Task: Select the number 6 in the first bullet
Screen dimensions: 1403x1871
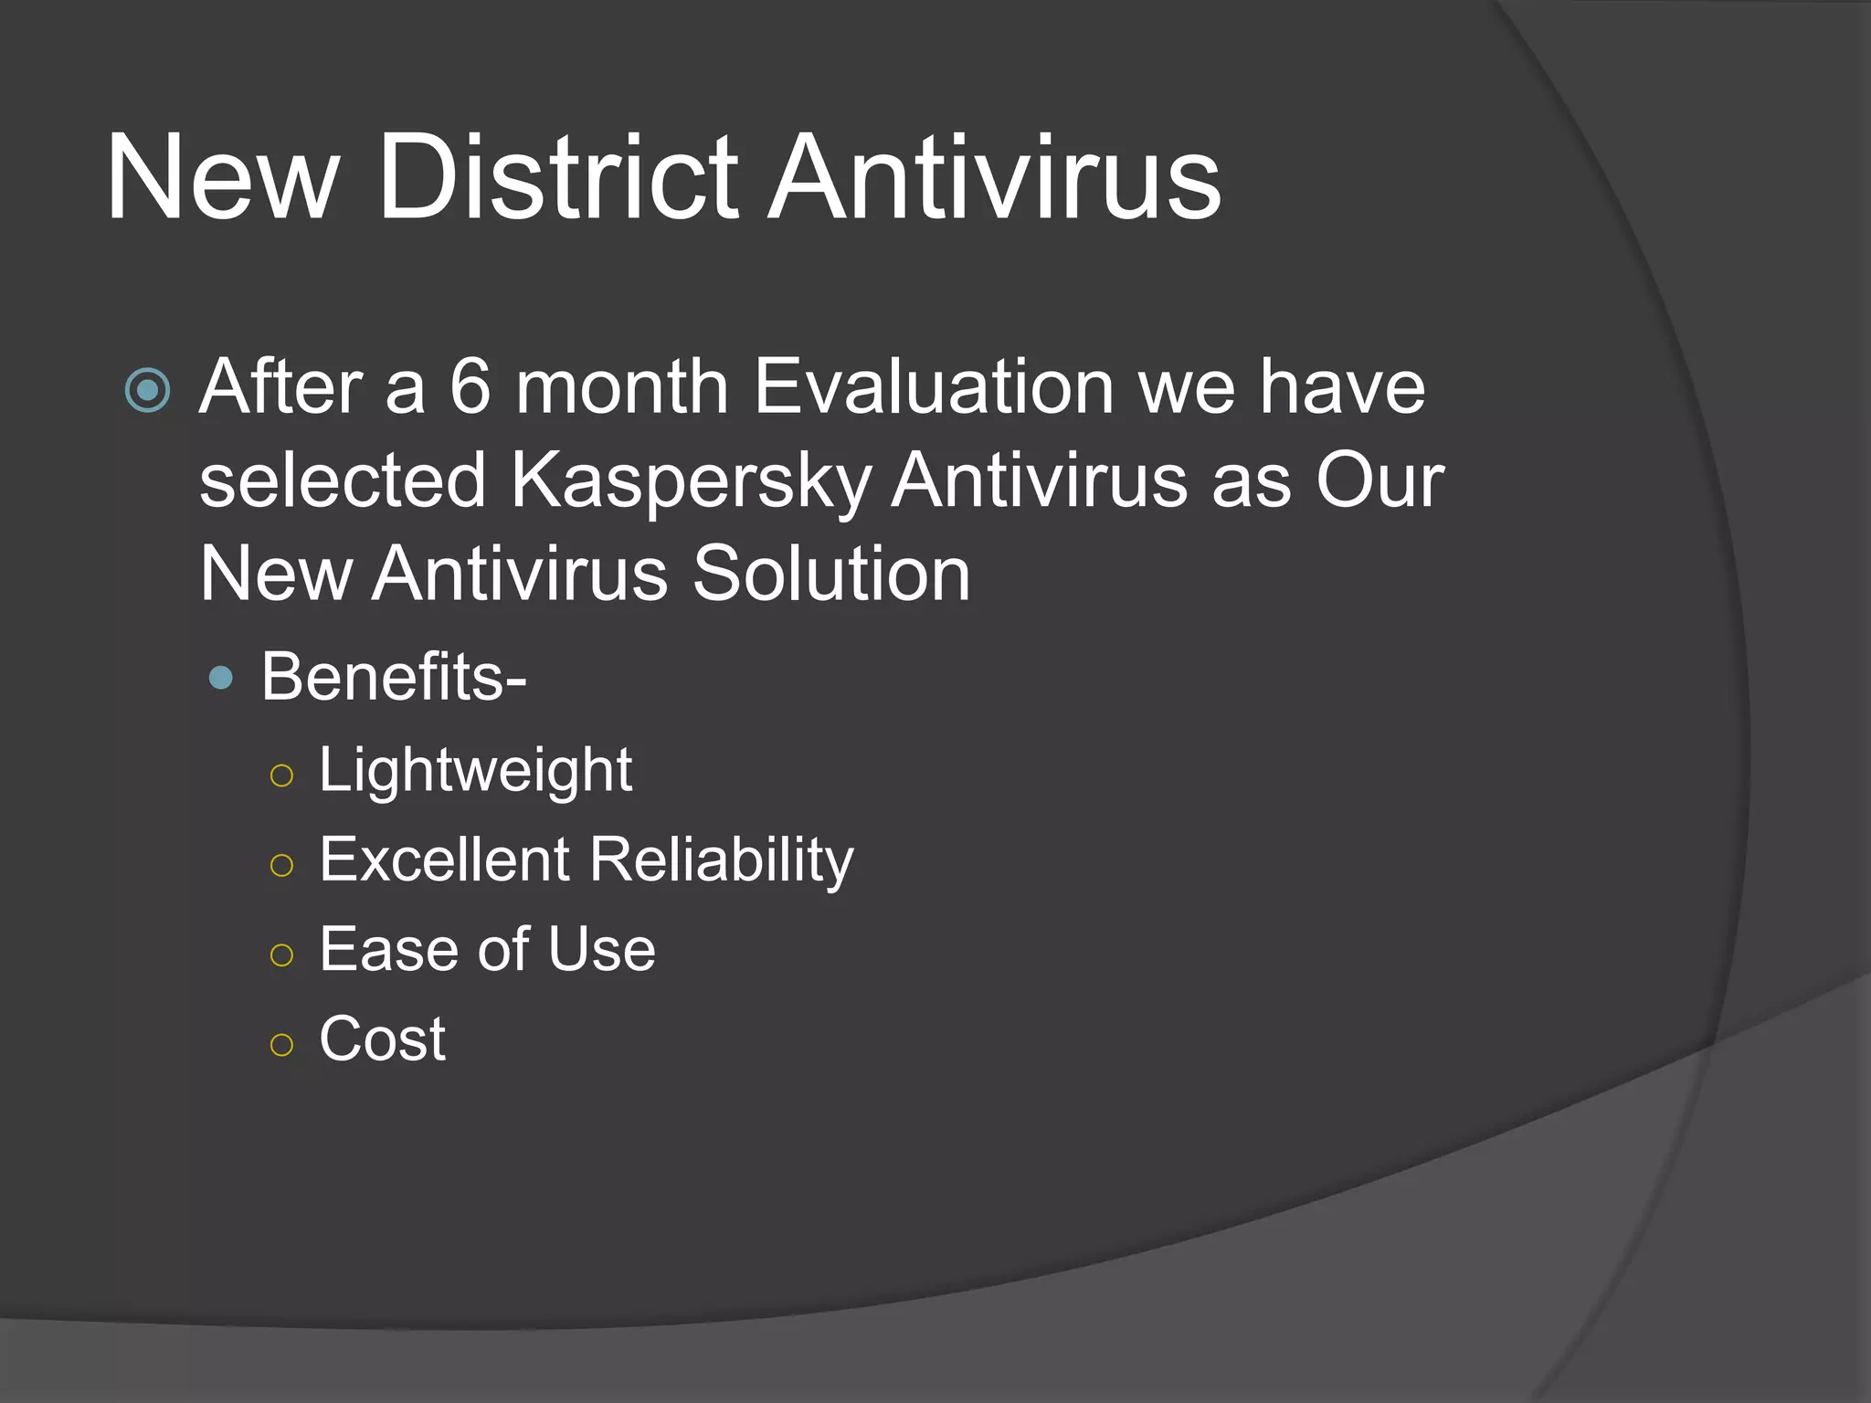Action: [x=470, y=387]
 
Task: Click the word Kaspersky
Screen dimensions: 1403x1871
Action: [x=690, y=482]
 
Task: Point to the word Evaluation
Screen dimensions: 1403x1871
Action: [x=934, y=387]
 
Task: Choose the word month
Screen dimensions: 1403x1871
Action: [x=621, y=387]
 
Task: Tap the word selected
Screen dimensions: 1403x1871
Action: [x=343, y=480]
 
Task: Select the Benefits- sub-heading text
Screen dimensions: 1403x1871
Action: [x=394, y=677]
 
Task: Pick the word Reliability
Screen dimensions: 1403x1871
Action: [x=722, y=860]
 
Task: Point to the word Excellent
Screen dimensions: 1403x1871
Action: [x=445, y=860]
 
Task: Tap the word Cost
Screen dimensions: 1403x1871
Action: [x=382, y=1039]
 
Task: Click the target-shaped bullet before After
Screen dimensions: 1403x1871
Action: [x=147, y=391]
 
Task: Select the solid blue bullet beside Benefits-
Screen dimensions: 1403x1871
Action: [x=221, y=678]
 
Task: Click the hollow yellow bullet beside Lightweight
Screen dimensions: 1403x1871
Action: [x=282, y=775]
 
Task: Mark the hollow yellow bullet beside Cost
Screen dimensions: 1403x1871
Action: [x=282, y=1044]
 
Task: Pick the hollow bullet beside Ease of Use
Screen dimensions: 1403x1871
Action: [x=282, y=955]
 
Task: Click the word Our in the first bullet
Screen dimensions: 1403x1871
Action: [x=1379, y=480]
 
